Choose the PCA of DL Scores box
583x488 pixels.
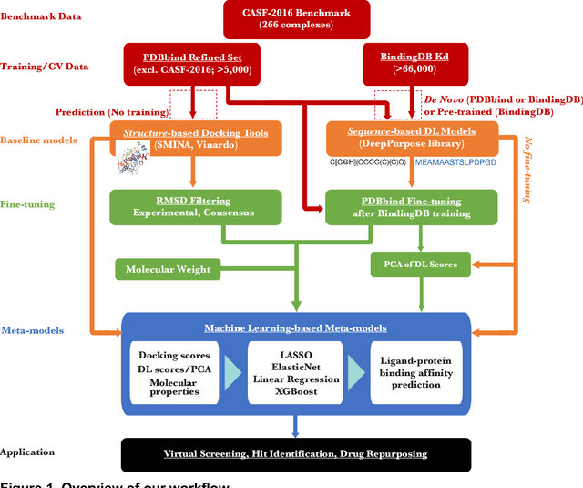(x=420, y=265)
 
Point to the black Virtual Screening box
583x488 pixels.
(x=296, y=453)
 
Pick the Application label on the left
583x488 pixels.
(x=27, y=452)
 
